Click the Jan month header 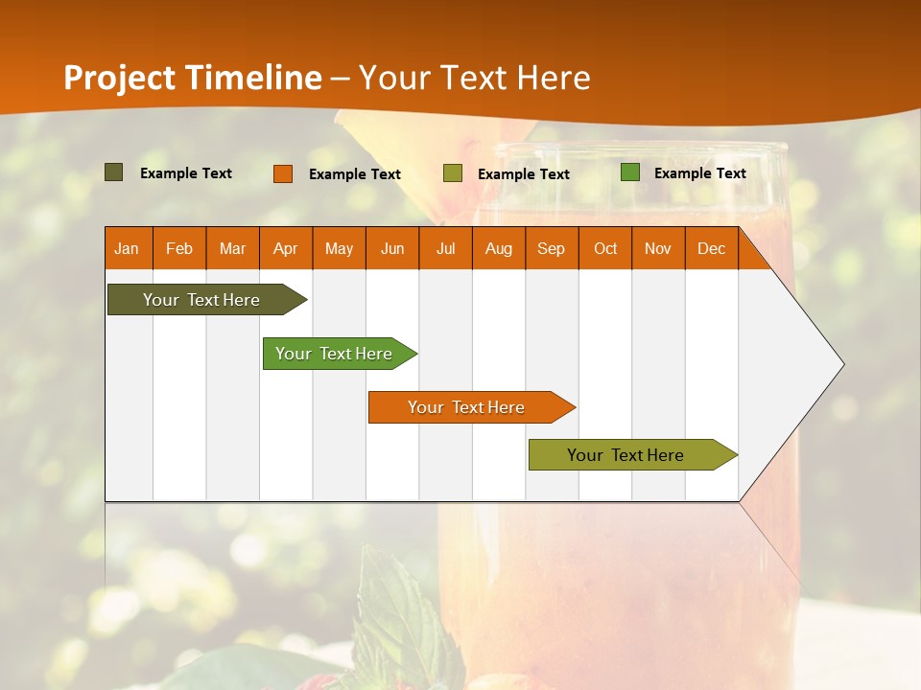pos(128,248)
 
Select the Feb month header pos(179,248)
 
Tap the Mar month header pos(232,248)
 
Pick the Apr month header pos(286,248)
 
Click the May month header pos(339,248)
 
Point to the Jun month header pos(392,248)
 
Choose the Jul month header pos(445,248)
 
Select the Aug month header pos(499,248)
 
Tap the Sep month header pos(552,248)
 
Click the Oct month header pos(605,248)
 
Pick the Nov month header pos(658,248)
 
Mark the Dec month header pos(712,248)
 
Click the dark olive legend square pos(114,172)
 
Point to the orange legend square pos(283,173)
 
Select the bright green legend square pos(630,172)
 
